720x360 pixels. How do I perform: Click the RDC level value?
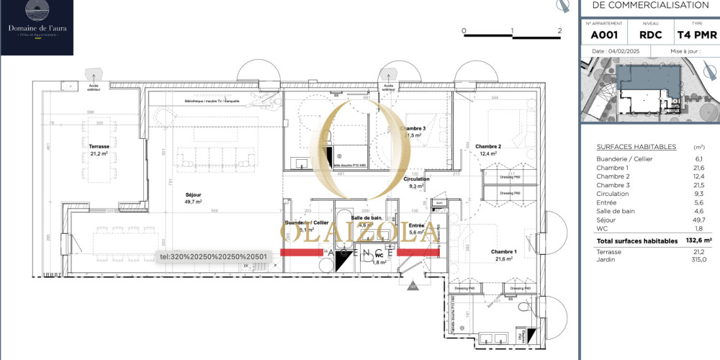650,34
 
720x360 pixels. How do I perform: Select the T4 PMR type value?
696,34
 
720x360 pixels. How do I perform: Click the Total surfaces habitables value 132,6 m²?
697,240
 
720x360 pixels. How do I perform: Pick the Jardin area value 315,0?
698,259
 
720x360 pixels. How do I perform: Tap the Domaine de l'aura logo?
37,27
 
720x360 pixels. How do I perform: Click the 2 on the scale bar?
559,31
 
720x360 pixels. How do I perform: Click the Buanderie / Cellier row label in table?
624,159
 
